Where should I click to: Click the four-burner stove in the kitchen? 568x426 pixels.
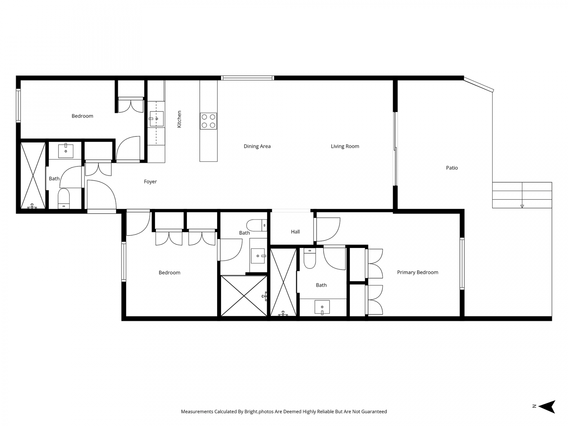[208, 121]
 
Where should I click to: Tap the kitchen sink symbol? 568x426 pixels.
[156, 119]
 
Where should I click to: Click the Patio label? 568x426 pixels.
[452, 168]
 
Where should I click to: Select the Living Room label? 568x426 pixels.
[345, 146]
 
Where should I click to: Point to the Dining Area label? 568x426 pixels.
[257, 146]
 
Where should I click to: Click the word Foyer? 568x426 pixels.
[150, 182]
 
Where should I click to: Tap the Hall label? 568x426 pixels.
[295, 232]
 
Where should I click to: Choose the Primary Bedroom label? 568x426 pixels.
[417, 272]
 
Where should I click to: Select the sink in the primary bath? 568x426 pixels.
[322, 307]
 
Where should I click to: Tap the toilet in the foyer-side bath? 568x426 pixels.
[64, 199]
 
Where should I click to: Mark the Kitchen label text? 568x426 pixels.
[179, 119]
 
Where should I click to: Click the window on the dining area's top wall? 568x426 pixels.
[247, 78]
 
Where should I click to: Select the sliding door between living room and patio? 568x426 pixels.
[395, 149]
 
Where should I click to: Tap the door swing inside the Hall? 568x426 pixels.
[327, 230]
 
